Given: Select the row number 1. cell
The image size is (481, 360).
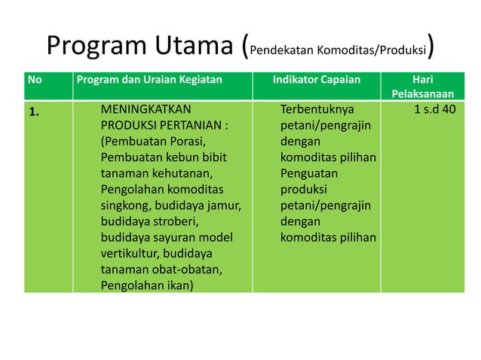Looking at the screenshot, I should pyautogui.click(x=35, y=111).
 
